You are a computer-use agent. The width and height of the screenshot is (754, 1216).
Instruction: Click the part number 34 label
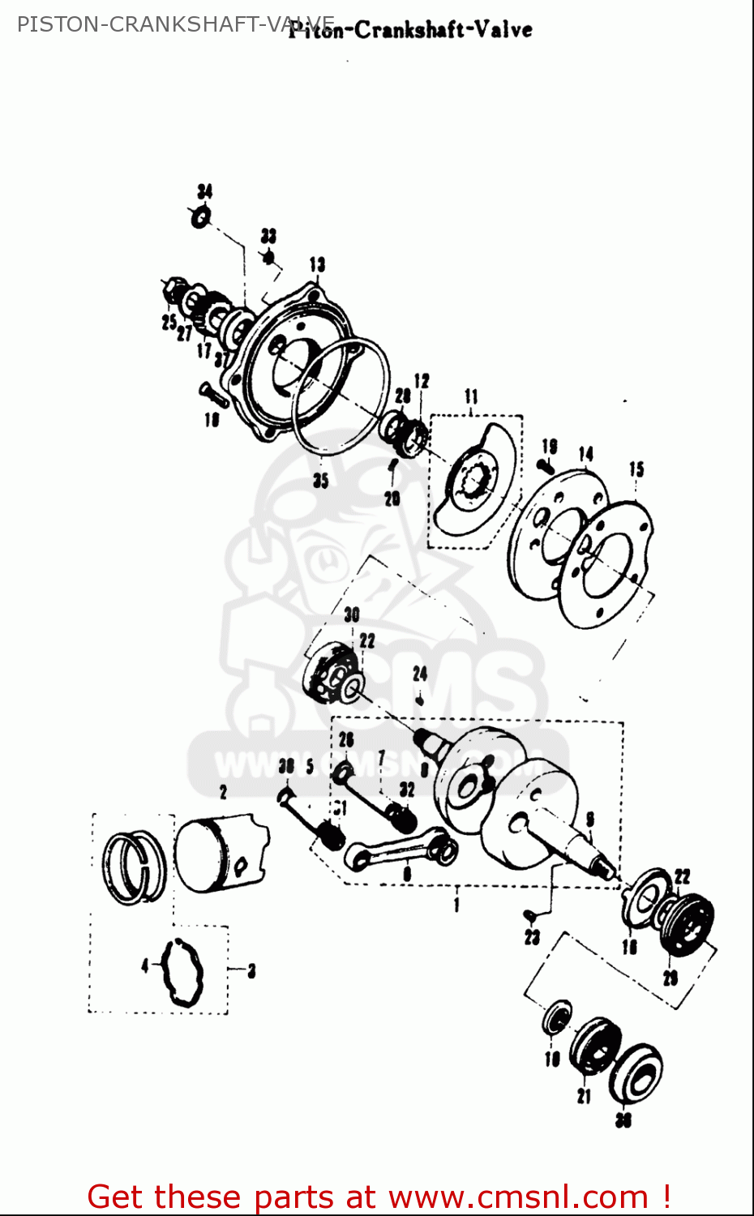(x=205, y=191)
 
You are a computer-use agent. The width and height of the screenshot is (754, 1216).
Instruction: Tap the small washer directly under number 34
(x=201, y=217)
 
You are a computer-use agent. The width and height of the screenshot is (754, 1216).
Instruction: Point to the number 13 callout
(x=317, y=264)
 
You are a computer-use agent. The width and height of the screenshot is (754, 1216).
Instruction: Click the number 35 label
(x=321, y=480)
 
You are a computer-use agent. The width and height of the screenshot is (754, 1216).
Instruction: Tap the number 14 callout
(x=586, y=454)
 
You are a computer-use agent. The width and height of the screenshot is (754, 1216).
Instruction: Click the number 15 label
(x=636, y=469)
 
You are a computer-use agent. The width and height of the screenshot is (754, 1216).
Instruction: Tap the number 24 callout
(x=419, y=674)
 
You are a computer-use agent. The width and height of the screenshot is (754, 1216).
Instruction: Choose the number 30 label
(x=351, y=614)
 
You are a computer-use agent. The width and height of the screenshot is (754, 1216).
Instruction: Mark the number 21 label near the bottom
(x=584, y=1096)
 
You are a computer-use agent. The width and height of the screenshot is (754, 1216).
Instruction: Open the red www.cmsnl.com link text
(x=519, y=1197)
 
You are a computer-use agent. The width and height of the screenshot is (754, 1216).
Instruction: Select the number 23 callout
(x=532, y=937)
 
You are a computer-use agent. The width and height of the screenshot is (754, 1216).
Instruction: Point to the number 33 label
(x=268, y=236)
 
